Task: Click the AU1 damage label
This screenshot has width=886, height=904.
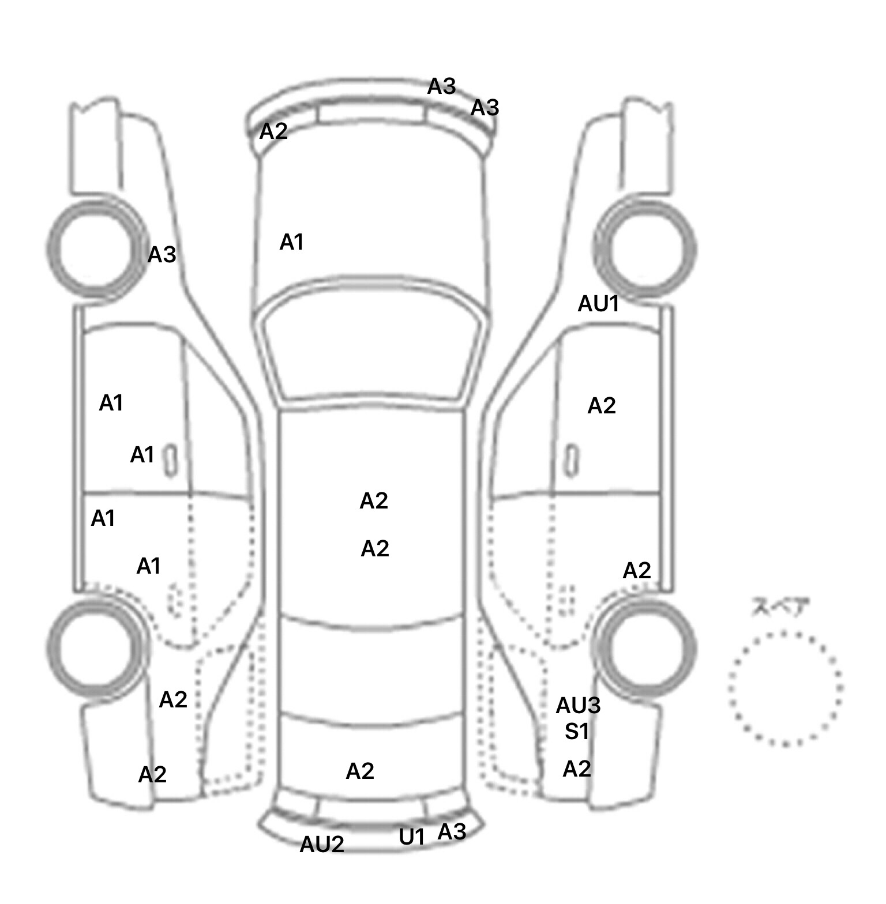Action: (x=598, y=303)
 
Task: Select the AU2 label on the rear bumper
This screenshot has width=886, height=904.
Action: (x=322, y=845)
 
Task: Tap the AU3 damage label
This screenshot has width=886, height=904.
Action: (x=578, y=705)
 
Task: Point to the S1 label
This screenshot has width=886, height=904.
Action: (x=577, y=732)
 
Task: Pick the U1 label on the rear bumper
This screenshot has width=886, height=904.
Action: (x=412, y=837)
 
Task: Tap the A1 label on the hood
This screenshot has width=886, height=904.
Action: (x=291, y=243)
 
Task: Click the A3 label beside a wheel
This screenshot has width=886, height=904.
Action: (x=162, y=254)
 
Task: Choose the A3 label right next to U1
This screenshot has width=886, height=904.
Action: (x=452, y=832)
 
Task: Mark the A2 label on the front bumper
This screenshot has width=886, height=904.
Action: (x=273, y=131)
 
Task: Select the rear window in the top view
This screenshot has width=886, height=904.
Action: (x=373, y=672)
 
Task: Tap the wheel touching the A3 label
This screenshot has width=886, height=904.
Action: (x=96, y=248)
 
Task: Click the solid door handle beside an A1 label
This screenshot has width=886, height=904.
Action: (x=170, y=460)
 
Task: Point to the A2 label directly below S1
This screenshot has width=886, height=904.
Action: (x=577, y=769)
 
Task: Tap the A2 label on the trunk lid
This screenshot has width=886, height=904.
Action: (x=360, y=771)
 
